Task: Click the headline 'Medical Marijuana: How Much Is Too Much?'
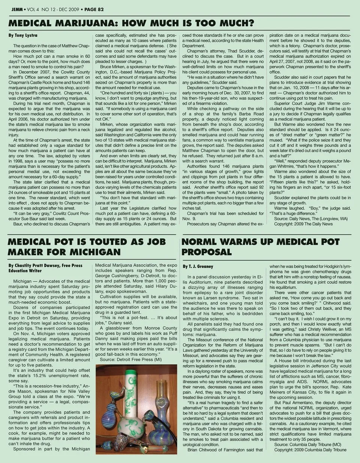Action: [131, 23]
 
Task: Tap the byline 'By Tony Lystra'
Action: [23, 35]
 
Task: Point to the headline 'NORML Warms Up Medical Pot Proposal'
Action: [260, 247]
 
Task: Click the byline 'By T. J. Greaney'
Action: [198, 266]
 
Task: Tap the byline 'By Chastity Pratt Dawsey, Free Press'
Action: [45, 265]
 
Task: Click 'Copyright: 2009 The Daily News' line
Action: [303, 224]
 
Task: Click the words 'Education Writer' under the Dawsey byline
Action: [25, 271]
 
